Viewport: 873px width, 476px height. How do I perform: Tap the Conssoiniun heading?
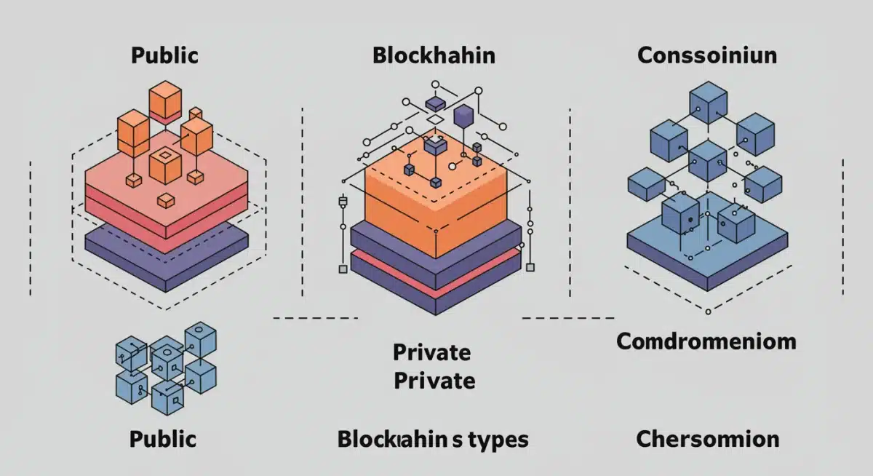pyautogui.click(x=706, y=56)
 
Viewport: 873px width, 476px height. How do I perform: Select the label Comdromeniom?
pyautogui.click(x=706, y=341)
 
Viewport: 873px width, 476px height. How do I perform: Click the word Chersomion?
pyautogui.click(x=707, y=439)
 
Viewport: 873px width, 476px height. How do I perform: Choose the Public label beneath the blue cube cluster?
pyautogui.click(x=163, y=439)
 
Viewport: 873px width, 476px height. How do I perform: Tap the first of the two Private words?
pyautogui.click(x=431, y=352)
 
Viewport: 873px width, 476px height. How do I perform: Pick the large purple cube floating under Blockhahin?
pyautogui.click(x=463, y=116)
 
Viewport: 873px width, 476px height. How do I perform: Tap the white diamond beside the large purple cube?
pyautogui.click(x=434, y=119)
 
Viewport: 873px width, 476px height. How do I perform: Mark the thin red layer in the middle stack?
pyautogui.click(x=435, y=269)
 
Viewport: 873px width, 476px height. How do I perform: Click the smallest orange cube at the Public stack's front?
pyautogui.click(x=167, y=201)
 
